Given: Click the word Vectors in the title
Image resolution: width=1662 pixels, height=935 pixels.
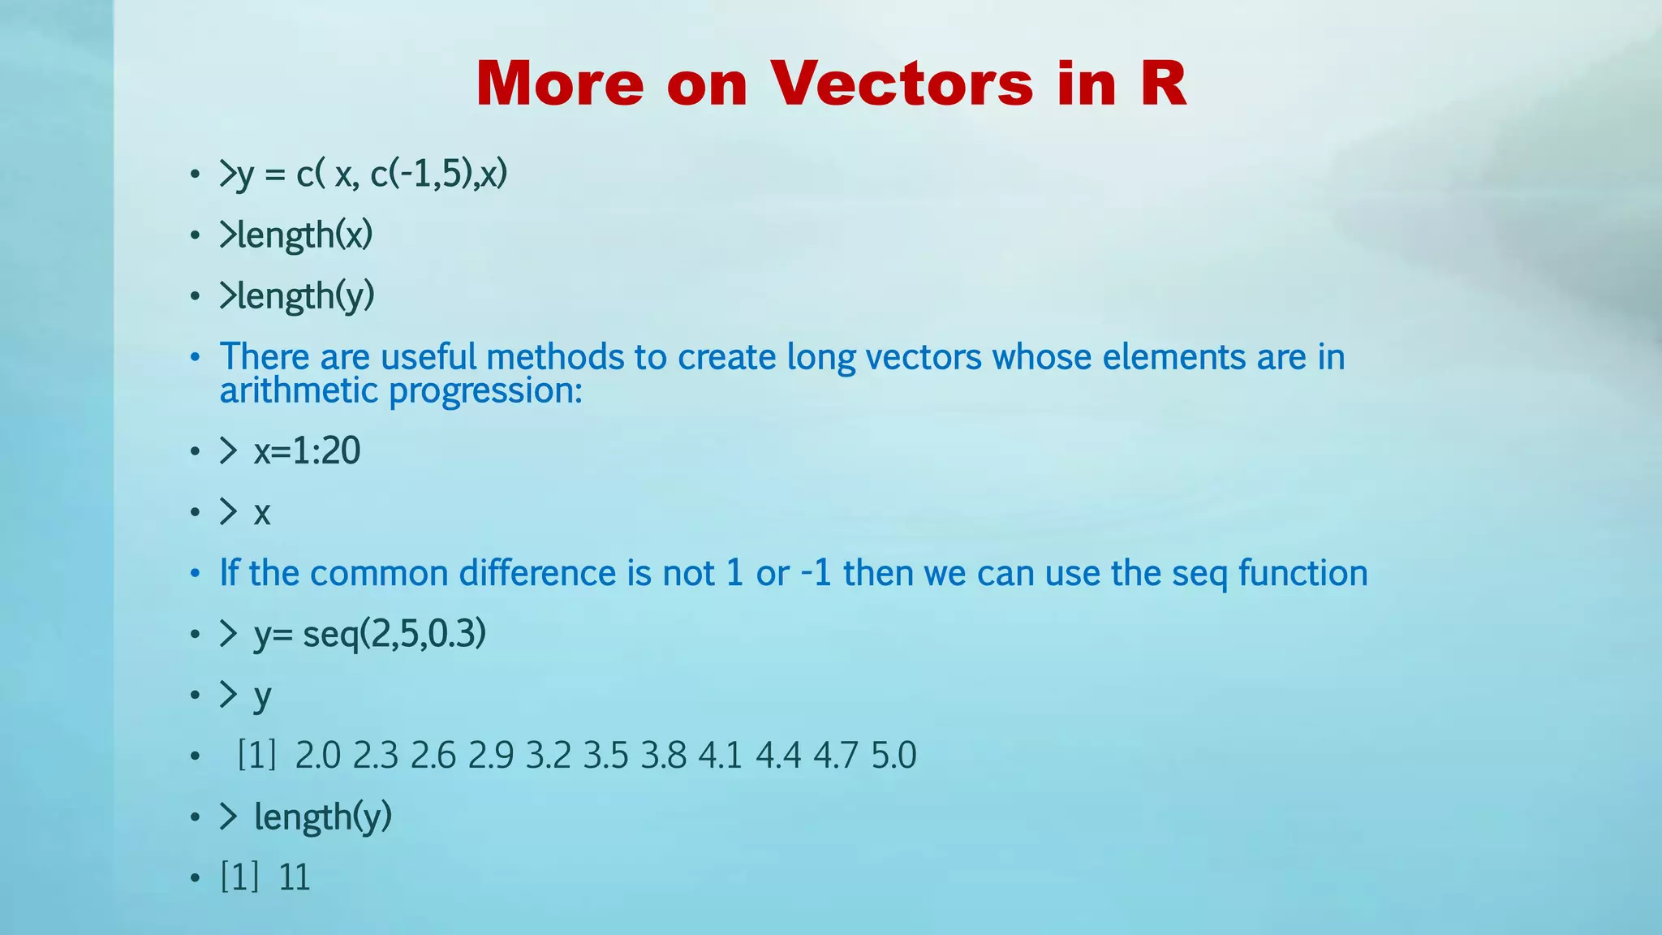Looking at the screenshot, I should point(902,84).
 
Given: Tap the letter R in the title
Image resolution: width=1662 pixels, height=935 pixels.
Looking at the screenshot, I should point(1163,84).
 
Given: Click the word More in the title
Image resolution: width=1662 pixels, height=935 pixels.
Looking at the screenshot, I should point(560,84).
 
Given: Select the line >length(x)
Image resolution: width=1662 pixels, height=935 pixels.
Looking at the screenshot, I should point(296,235).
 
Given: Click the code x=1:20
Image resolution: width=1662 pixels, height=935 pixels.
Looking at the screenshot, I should point(307,451).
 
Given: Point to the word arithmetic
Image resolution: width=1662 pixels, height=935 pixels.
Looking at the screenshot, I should point(299,391).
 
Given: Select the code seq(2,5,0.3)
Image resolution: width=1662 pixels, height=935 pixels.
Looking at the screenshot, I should point(394,634).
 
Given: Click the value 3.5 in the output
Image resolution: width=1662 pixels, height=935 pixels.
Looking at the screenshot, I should point(605,756).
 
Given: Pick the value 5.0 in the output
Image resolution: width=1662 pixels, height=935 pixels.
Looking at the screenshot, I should point(893,756).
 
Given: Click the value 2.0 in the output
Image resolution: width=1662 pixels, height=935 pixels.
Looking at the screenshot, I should point(317,756).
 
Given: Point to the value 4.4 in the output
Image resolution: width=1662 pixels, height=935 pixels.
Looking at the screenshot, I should point(778,756).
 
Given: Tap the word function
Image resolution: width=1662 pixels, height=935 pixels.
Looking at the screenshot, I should point(1302,573).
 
